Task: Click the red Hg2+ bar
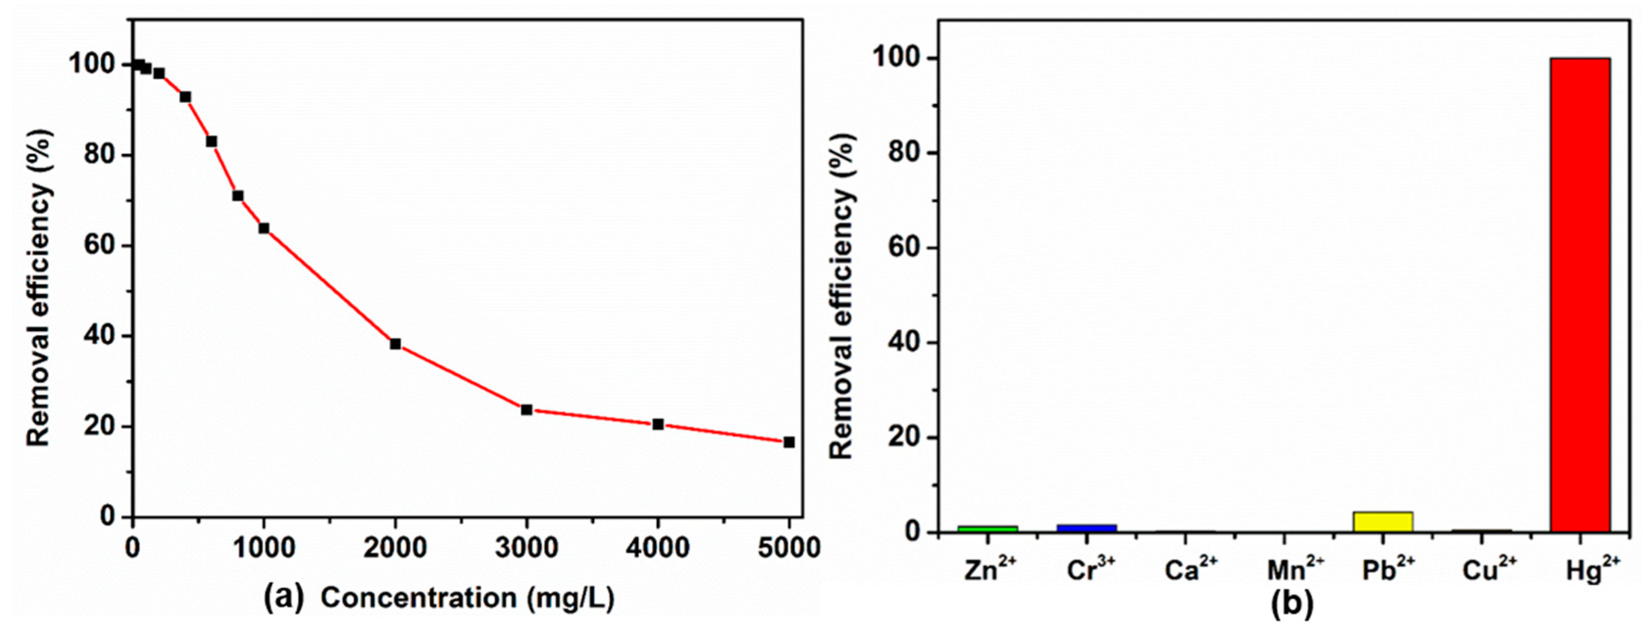pyautogui.click(x=1579, y=295)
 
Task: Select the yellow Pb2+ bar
pyautogui.click(x=1383, y=522)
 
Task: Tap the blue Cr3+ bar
pyautogui.click(x=1086, y=528)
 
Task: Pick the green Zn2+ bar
pyautogui.click(x=987, y=528)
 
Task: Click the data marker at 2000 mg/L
pyautogui.click(x=395, y=344)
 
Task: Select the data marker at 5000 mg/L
pyautogui.click(x=789, y=442)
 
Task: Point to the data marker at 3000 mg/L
pyautogui.click(x=526, y=409)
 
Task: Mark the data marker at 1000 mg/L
pyautogui.click(x=263, y=228)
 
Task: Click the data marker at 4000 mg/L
pyautogui.click(x=658, y=424)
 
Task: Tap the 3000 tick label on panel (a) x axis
pyautogui.click(x=526, y=549)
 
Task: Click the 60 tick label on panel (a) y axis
pyautogui.click(x=101, y=246)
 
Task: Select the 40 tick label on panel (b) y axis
pyautogui.click(x=905, y=342)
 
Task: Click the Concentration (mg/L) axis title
pyautogui.click(x=467, y=598)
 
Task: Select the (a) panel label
pyautogui.click(x=284, y=597)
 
